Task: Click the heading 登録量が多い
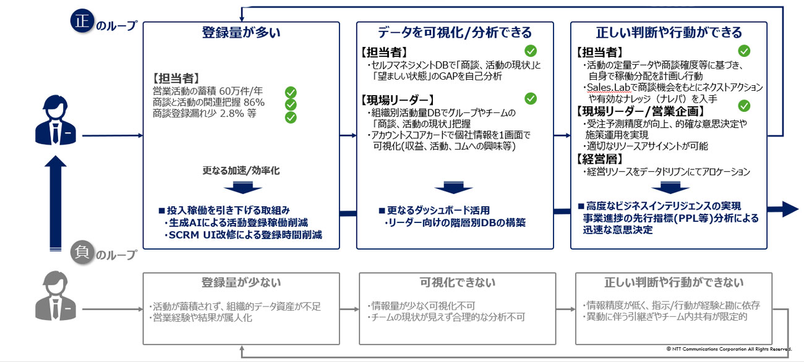pyautogui.click(x=241, y=33)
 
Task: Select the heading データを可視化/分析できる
pyautogui.click(x=455, y=33)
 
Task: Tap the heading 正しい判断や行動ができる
pyautogui.click(x=669, y=33)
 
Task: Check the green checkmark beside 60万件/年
pyautogui.click(x=290, y=92)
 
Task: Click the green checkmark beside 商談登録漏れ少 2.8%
pyautogui.click(x=290, y=117)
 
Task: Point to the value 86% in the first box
pyautogui.click(x=254, y=102)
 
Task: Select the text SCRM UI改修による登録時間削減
pyautogui.click(x=243, y=235)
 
